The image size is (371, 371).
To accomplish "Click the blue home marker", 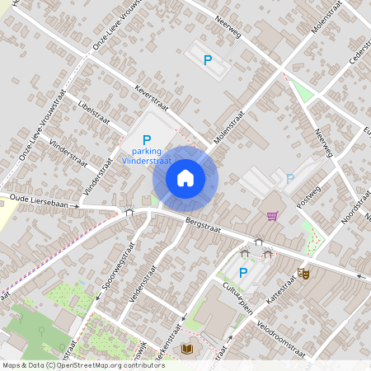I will tap(185, 178).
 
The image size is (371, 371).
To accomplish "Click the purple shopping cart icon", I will tap(272, 216).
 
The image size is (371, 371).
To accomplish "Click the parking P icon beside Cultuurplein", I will tap(243, 273).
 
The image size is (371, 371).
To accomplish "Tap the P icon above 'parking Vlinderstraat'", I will tap(147, 140).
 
